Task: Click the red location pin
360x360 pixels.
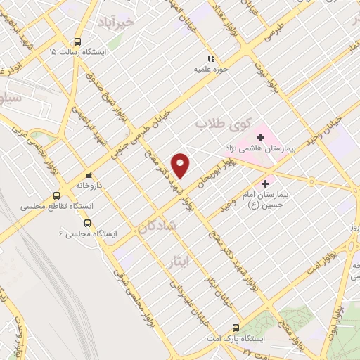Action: pyautogui.click(x=181, y=165)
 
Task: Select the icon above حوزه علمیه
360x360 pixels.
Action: pyautogui.click(x=210, y=59)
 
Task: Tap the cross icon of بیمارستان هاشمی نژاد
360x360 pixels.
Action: pyautogui.click(x=259, y=136)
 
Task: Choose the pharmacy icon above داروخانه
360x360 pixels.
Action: pyautogui.click(x=89, y=176)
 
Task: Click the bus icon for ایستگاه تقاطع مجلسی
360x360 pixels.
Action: pyautogui.click(x=56, y=196)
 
